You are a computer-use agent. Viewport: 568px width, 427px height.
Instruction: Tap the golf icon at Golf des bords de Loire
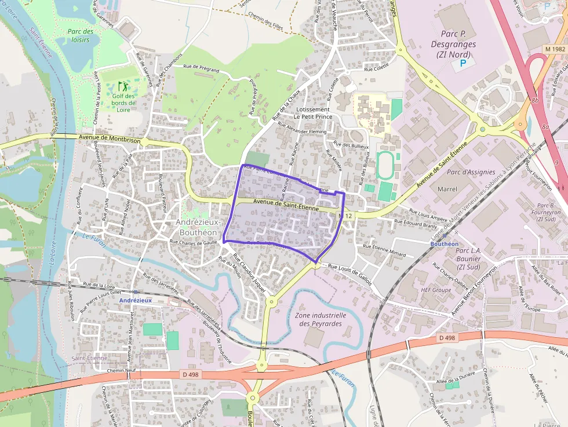[122, 86]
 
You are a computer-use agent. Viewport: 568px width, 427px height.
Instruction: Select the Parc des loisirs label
[79, 35]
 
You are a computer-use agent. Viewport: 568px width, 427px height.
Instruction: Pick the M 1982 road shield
[555, 49]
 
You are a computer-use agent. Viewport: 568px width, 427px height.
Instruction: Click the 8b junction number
[535, 101]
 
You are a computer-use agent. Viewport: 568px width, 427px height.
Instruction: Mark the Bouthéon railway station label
[444, 244]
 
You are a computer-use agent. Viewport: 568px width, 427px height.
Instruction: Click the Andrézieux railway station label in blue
[135, 301]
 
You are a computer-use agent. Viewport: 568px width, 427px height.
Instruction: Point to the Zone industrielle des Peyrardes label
[321, 320]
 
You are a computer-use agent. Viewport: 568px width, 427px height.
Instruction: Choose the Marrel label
[447, 189]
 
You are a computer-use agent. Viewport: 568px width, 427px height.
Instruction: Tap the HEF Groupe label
[436, 290]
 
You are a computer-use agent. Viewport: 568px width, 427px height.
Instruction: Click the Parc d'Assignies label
[471, 172]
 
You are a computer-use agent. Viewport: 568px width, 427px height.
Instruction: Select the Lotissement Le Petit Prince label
[313, 112]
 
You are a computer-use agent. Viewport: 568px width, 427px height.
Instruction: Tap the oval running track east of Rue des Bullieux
[383, 165]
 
